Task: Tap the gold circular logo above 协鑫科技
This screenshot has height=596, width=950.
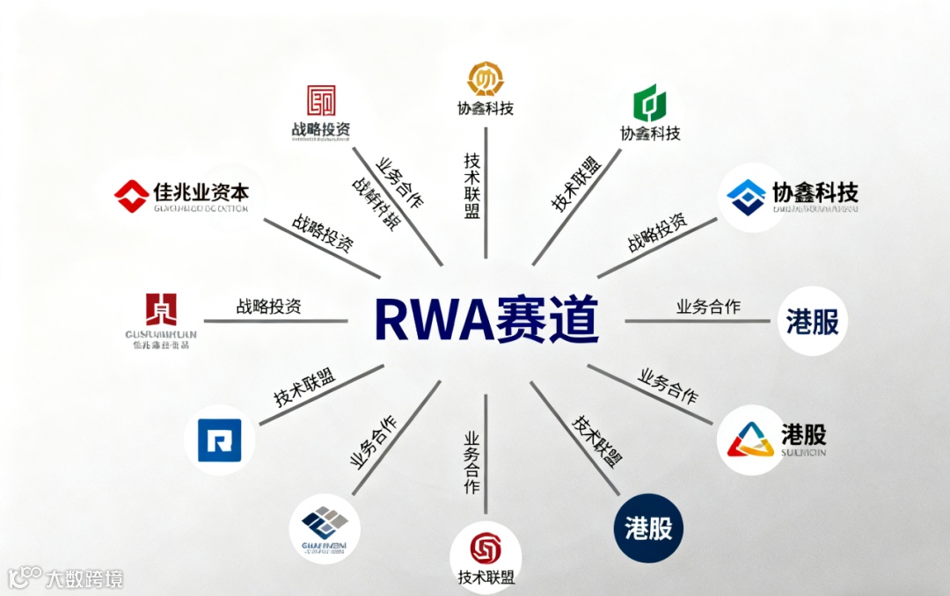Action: click(x=485, y=79)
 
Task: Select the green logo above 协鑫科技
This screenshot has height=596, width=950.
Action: click(x=649, y=104)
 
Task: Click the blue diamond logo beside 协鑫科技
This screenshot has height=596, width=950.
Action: click(x=747, y=197)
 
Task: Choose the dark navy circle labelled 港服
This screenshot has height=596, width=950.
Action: click(x=648, y=527)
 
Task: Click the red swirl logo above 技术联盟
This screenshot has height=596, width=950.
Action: click(x=485, y=549)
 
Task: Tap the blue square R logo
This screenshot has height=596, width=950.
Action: click(x=219, y=440)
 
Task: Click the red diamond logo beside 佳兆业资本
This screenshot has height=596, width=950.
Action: click(x=132, y=194)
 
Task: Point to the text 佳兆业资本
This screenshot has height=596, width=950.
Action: click(x=201, y=191)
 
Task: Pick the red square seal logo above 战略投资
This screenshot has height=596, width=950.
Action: click(x=321, y=100)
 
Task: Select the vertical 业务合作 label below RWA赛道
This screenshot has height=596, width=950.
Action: click(x=472, y=462)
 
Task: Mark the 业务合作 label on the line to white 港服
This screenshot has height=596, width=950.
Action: click(x=708, y=307)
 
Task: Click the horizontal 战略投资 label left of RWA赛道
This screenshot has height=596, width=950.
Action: click(x=268, y=307)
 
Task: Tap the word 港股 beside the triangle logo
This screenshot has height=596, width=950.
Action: click(x=803, y=433)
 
